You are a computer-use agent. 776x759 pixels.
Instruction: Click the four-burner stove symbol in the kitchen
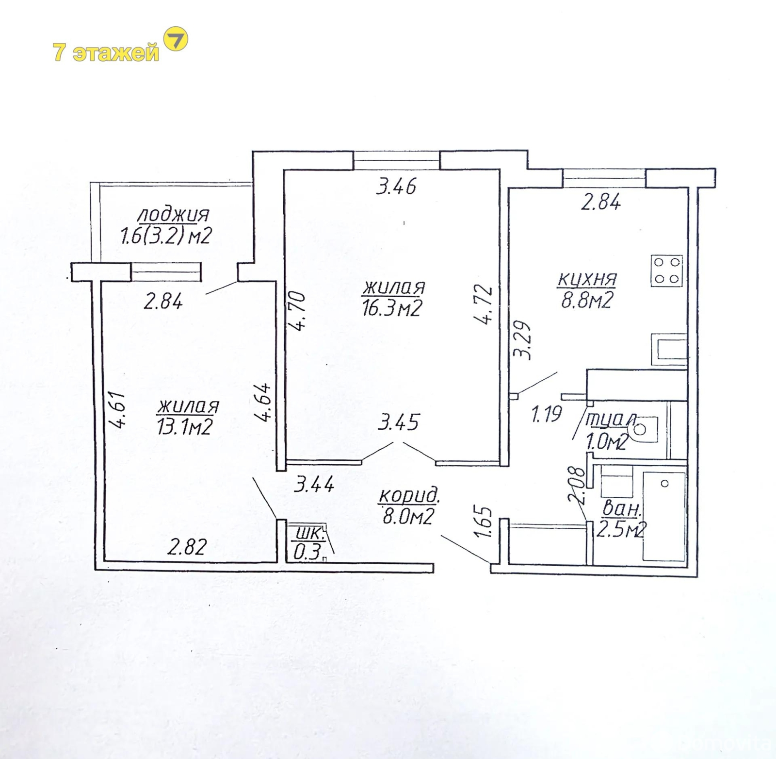667,270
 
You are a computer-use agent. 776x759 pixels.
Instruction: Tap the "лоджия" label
174,215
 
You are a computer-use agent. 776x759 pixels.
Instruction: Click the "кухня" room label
587,279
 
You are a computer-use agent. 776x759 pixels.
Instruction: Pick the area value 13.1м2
184,427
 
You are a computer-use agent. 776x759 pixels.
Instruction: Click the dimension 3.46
396,186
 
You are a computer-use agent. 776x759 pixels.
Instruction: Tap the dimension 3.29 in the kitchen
523,340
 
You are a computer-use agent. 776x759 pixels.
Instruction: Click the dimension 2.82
187,547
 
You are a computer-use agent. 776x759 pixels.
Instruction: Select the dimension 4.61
118,409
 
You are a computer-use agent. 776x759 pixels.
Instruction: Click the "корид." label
409,496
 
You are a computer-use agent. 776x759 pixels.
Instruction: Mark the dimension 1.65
484,523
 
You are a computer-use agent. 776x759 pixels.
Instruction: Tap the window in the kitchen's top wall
604,178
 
